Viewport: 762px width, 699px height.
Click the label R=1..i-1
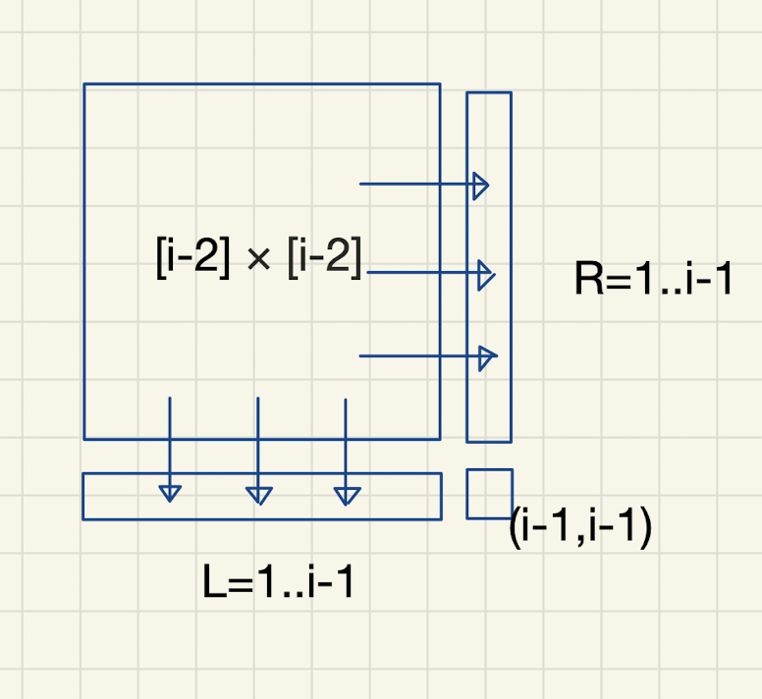coord(654,281)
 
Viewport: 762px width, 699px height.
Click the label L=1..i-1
coord(278,584)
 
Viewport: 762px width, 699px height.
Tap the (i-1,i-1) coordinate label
coord(580,528)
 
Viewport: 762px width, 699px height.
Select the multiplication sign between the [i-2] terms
coord(259,261)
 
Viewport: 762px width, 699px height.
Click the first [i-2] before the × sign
coord(192,259)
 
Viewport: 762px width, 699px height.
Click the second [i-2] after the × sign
coord(325,259)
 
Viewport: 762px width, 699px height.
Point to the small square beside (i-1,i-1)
coord(488,493)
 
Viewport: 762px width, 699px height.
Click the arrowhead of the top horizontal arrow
coord(479,185)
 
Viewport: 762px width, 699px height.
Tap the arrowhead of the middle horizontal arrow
coord(483,274)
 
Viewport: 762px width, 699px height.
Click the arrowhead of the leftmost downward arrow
coord(170,492)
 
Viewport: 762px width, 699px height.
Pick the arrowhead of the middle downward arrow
coord(258,494)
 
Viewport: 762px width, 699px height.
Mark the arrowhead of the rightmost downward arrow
coord(346,494)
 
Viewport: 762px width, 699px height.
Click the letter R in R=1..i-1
coord(586,281)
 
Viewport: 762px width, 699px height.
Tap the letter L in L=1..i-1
coord(212,584)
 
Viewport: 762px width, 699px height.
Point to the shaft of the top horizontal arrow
coord(412,184)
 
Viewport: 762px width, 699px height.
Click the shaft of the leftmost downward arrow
coord(170,437)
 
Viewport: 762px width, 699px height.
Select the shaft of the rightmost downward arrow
coord(346,437)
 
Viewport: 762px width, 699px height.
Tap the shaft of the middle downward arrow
coord(257,437)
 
